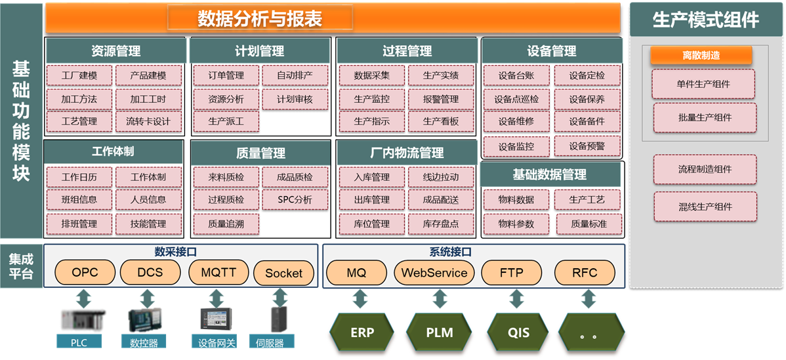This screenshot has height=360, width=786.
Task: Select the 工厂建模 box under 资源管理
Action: (x=79, y=75)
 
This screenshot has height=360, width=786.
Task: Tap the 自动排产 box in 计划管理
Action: (x=295, y=75)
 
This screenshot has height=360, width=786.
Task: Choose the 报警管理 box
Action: (x=441, y=100)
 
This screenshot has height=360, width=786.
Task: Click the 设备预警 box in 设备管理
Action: (x=587, y=146)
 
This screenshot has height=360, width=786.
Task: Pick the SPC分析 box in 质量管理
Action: (x=295, y=199)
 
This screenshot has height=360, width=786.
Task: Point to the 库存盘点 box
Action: (x=441, y=224)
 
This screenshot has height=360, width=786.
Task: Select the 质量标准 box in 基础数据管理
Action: (x=589, y=224)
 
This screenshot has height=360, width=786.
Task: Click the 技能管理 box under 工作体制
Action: (x=148, y=224)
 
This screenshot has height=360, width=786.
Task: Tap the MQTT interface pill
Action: (x=218, y=272)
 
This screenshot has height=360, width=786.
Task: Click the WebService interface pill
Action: (x=434, y=272)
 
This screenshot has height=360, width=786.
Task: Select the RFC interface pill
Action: (x=585, y=272)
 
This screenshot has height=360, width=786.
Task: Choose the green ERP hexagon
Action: (x=362, y=332)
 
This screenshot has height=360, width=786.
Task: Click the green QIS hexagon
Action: (x=518, y=332)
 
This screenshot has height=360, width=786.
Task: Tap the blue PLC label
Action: (x=79, y=342)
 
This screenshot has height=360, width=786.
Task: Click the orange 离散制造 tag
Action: (x=701, y=56)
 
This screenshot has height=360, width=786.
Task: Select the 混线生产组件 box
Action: (x=705, y=207)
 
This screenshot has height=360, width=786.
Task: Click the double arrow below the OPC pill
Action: (x=83, y=299)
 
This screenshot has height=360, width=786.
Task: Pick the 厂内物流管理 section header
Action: (x=406, y=153)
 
